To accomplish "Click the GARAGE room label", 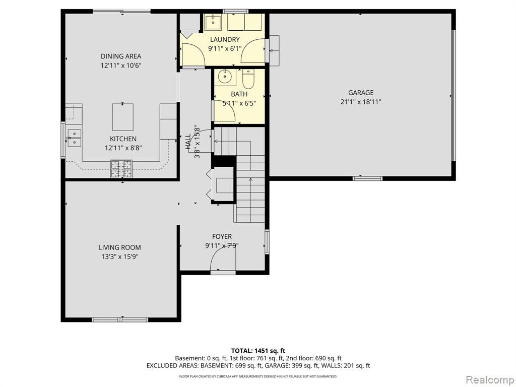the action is [x=361, y=93].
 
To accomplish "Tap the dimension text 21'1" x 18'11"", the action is [x=361, y=102].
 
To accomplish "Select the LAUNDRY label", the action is [x=225, y=39].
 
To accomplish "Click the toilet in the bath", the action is [x=248, y=79].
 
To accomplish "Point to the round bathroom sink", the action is [x=225, y=78].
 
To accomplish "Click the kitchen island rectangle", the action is [x=123, y=117].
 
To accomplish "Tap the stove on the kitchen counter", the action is [x=121, y=169].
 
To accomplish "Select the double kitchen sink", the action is [x=75, y=138].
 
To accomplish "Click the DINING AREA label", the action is [x=121, y=56].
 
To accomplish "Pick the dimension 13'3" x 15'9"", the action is [x=120, y=256].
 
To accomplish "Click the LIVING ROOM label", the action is [x=120, y=247].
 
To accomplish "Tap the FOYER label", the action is [x=222, y=236].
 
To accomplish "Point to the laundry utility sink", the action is [x=213, y=22].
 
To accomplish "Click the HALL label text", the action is [x=188, y=142].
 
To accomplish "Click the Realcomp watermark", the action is [x=489, y=380].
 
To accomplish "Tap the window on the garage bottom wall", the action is [x=367, y=178].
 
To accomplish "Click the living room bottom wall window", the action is [x=120, y=319].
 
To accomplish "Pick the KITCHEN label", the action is [x=123, y=139].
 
